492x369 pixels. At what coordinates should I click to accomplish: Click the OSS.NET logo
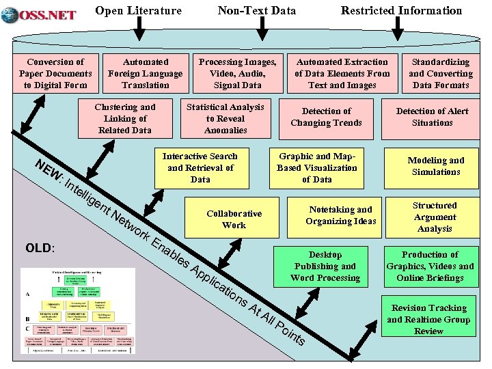click(39, 13)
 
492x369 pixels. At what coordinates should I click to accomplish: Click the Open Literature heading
click(138, 10)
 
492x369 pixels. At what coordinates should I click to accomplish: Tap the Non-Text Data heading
click(257, 10)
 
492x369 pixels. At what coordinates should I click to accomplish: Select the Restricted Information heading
click(401, 10)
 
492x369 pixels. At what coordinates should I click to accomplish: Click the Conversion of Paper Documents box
click(55, 73)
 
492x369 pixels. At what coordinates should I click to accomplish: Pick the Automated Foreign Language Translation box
click(146, 73)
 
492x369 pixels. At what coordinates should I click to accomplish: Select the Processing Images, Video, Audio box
click(237, 73)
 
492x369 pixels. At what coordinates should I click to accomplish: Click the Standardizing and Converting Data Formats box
click(441, 73)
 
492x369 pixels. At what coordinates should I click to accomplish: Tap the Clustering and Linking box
click(125, 118)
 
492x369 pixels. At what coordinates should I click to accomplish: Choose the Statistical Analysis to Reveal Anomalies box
click(225, 118)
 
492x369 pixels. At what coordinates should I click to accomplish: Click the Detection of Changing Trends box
click(326, 118)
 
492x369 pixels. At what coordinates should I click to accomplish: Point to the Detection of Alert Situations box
click(433, 118)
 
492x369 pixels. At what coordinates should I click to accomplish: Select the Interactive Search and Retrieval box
click(200, 167)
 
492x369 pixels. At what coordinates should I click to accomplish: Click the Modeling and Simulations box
click(436, 166)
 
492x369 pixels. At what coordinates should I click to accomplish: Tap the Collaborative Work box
click(234, 219)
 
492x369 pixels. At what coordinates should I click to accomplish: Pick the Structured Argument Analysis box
click(435, 217)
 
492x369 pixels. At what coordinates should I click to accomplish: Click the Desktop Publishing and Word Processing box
click(325, 266)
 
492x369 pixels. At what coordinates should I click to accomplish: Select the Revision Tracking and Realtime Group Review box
click(428, 319)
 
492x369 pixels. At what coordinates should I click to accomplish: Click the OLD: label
click(40, 247)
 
